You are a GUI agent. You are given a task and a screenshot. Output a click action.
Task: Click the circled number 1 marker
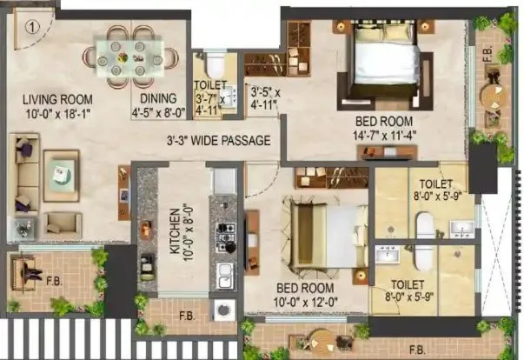31,26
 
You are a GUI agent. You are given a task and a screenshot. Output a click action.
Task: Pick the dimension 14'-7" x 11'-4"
395,135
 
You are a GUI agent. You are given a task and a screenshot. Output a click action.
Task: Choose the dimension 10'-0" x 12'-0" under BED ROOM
308,301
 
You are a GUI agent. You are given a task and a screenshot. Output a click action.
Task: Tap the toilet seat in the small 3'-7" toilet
211,66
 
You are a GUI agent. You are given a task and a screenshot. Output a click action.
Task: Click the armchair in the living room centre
61,175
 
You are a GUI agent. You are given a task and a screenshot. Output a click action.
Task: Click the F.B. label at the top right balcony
488,62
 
